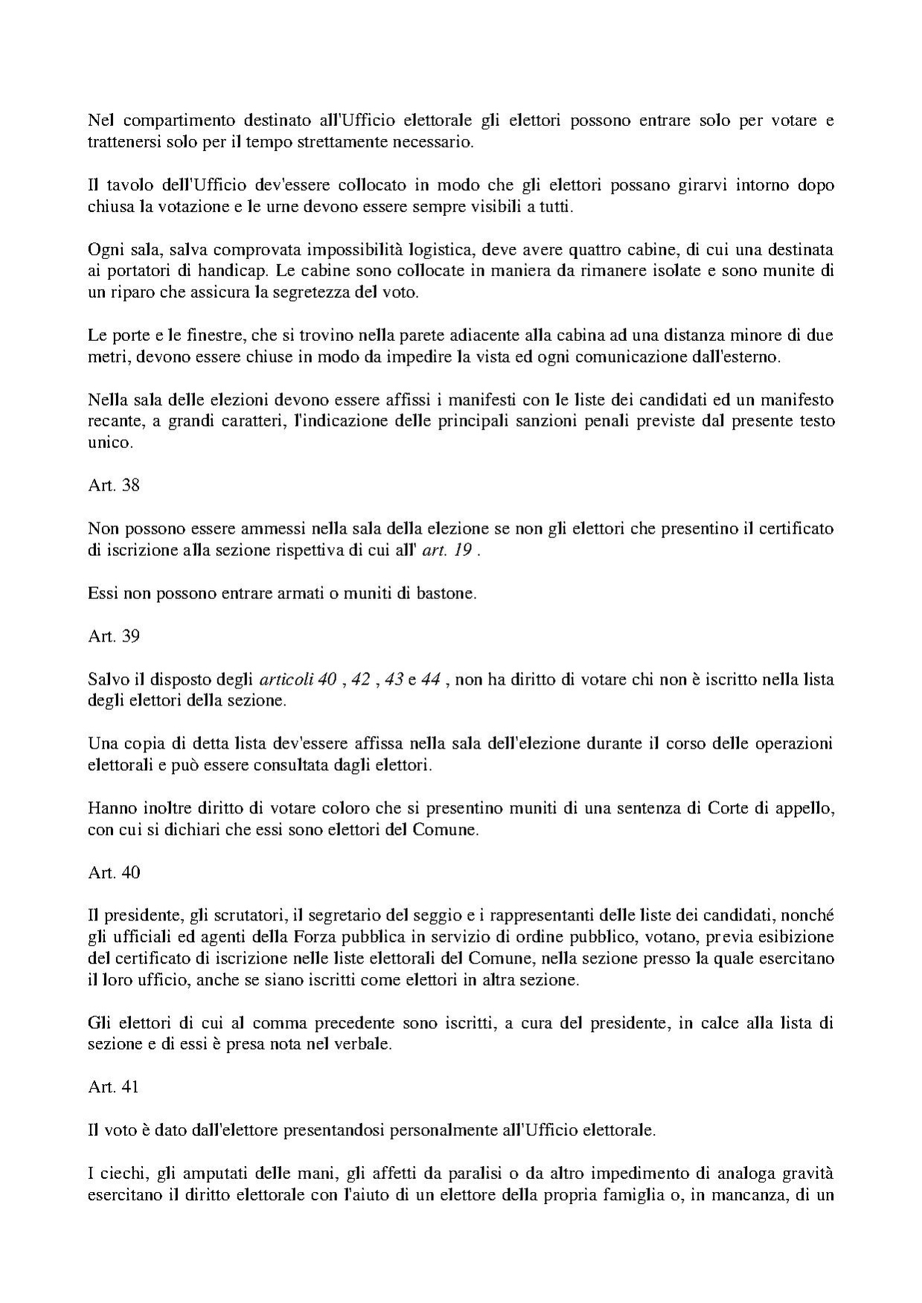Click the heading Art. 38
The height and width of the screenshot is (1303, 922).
tap(114, 485)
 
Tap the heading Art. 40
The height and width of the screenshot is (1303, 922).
tap(114, 872)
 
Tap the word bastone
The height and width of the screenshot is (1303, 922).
tap(441, 594)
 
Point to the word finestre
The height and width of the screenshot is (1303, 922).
tap(212, 335)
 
